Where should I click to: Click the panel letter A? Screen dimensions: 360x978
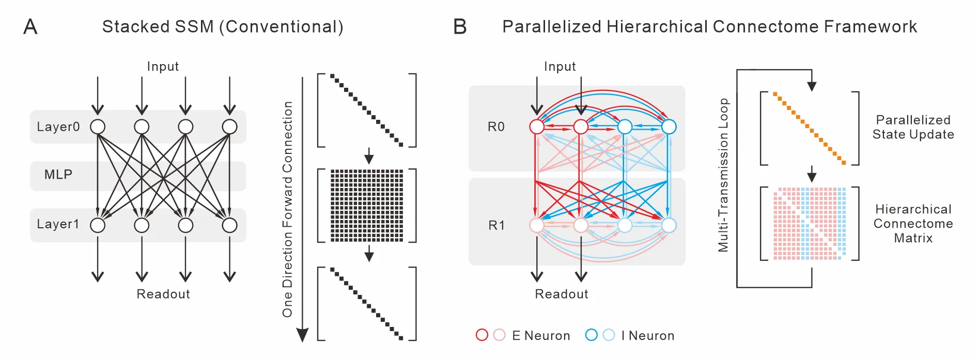tap(30, 26)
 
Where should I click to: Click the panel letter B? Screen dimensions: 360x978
tap(460, 26)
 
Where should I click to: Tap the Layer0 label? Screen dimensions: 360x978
tap(58, 127)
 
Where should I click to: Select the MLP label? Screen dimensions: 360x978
tap(58, 175)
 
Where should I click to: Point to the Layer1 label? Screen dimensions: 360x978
tap(58, 224)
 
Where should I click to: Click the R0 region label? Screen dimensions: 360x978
tap(496, 127)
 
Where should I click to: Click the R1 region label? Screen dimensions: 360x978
tap(496, 225)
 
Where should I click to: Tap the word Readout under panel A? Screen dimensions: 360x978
tap(163, 294)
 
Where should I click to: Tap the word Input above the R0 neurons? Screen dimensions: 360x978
tap(560, 67)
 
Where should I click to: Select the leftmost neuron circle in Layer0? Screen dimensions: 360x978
tap(98, 127)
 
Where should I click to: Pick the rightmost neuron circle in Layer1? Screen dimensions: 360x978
tap(229, 225)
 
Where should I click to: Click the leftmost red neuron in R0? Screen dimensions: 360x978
tap(537, 127)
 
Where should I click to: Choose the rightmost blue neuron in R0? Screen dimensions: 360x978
tap(669, 127)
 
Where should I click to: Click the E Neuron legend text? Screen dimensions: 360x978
tap(541, 336)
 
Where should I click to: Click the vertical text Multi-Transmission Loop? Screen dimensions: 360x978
tap(723, 175)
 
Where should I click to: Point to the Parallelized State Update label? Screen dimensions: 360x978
tap(913, 127)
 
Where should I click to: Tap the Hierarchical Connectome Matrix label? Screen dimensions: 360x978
tap(913, 224)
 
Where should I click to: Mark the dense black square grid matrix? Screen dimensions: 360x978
tap(367, 205)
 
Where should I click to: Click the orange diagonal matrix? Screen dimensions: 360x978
tap(810, 128)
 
